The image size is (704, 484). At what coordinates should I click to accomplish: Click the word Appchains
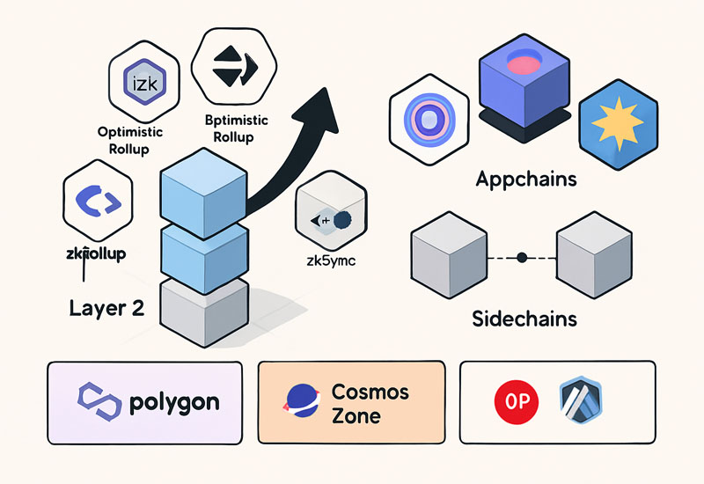pyautogui.click(x=525, y=180)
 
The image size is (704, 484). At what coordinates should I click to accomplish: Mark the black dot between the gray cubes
pyautogui.click(x=521, y=258)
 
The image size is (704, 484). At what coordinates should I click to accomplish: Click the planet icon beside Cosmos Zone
pyautogui.click(x=301, y=403)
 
